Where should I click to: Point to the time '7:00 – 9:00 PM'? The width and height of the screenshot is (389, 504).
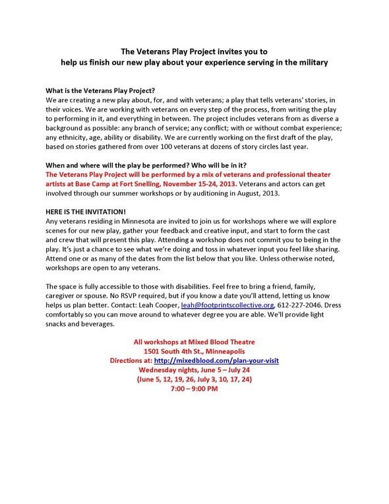point(194,389)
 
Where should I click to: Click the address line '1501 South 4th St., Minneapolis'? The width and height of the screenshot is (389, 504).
point(194,352)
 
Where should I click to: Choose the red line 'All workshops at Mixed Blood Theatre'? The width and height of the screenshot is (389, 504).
point(194,342)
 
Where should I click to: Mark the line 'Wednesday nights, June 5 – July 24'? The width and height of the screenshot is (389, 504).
point(194,371)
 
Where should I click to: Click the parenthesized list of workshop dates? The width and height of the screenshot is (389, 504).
point(194,380)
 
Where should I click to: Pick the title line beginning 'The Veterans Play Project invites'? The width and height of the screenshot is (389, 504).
point(194,51)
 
